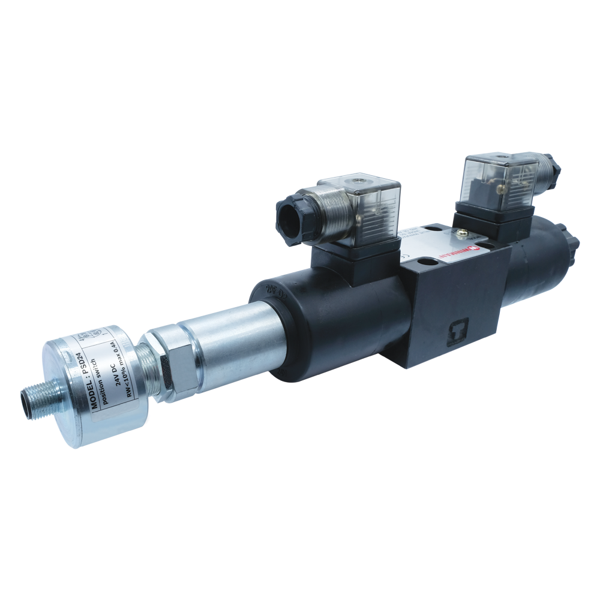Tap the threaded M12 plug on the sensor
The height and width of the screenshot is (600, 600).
click(32, 403)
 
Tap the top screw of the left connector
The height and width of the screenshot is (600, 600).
click(361, 178)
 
